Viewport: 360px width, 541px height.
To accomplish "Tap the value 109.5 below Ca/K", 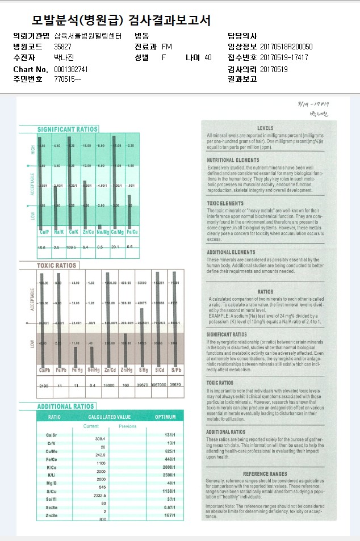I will [x=71, y=248].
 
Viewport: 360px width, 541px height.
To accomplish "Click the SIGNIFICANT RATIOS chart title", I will [x=68, y=129].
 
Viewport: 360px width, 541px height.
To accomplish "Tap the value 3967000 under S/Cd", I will [x=158, y=385].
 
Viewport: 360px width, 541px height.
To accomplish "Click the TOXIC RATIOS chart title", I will [x=56, y=265].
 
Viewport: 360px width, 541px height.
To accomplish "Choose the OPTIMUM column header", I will [x=165, y=417].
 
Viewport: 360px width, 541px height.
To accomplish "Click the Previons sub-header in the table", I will [x=127, y=426].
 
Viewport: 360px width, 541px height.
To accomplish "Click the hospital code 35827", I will [x=62, y=47].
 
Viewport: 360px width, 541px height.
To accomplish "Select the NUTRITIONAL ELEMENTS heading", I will [x=225, y=161].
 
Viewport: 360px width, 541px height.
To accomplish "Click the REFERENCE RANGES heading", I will [x=265, y=473].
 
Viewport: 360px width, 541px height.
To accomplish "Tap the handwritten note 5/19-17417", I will [x=313, y=104].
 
